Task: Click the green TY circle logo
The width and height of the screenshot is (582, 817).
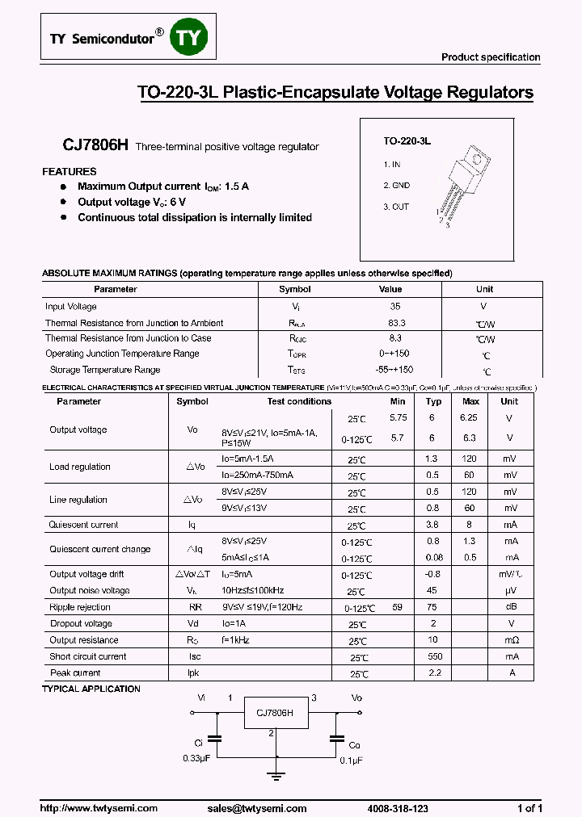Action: tap(188, 38)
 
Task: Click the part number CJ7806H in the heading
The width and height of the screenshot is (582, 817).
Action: tap(96, 145)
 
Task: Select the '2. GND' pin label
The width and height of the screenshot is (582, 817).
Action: tap(396, 185)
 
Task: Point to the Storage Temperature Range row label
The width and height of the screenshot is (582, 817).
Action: tap(104, 370)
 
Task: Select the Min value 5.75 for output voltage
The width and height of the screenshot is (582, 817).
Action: tap(398, 418)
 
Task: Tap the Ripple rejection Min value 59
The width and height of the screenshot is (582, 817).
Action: tap(398, 607)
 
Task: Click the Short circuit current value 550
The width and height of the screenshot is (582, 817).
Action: tap(434, 656)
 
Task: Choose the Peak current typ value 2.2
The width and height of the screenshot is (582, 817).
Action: tap(434, 672)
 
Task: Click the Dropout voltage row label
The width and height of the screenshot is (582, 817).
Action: tap(81, 623)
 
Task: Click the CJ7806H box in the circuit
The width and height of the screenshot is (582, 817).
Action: tap(275, 713)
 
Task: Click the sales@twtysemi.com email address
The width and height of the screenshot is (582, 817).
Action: tap(256, 808)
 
